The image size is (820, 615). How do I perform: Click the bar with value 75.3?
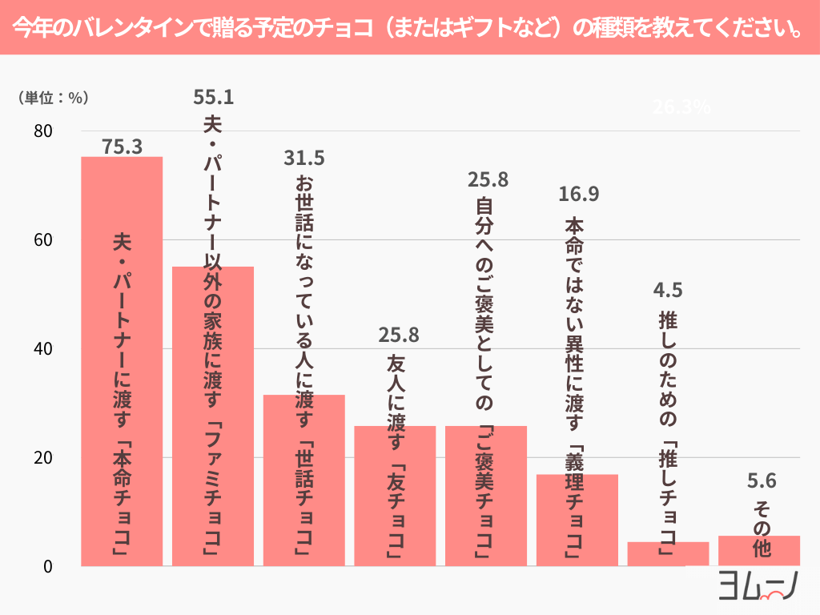[x=122, y=360]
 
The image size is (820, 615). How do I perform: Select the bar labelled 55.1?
[x=213, y=416]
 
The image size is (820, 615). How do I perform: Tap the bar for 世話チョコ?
[x=304, y=480]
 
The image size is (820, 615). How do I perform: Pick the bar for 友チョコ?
[x=395, y=496]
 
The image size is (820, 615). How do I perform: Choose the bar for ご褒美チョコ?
[x=486, y=496]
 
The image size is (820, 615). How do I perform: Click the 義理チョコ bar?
[x=577, y=521]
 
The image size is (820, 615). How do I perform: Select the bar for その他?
[x=759, y=551]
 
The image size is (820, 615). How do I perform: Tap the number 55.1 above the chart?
[x=214, y=97]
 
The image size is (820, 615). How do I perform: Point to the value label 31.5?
[x=304, y=158]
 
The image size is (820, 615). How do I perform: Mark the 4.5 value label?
[x=668, y=288]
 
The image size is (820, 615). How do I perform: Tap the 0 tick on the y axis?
[x=47, y=566]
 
